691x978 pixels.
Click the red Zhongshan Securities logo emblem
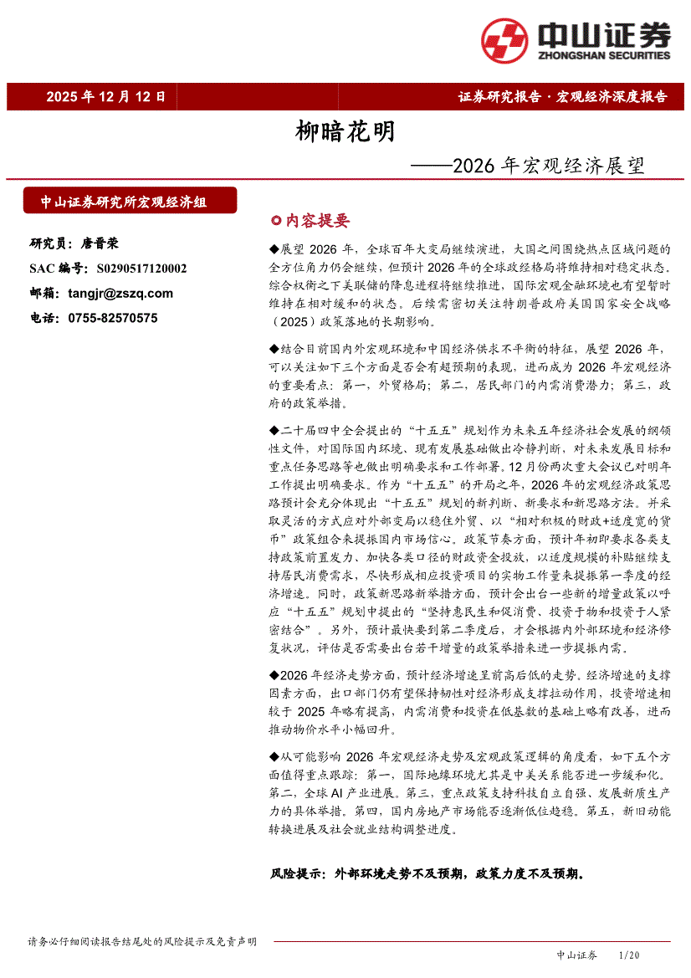504,40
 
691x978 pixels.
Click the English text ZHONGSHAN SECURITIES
604,56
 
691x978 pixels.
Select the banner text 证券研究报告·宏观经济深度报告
562,96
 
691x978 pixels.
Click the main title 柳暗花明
345,132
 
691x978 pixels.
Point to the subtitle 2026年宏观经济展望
548,165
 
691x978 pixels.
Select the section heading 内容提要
317,221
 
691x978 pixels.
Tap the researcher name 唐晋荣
100,243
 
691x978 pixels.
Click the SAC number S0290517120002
141,269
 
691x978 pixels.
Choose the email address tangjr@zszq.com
120,293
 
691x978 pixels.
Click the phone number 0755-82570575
113,318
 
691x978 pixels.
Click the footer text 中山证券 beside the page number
576,955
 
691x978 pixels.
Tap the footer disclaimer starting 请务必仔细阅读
142,941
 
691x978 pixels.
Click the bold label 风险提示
296,873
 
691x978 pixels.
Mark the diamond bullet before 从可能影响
275,757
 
